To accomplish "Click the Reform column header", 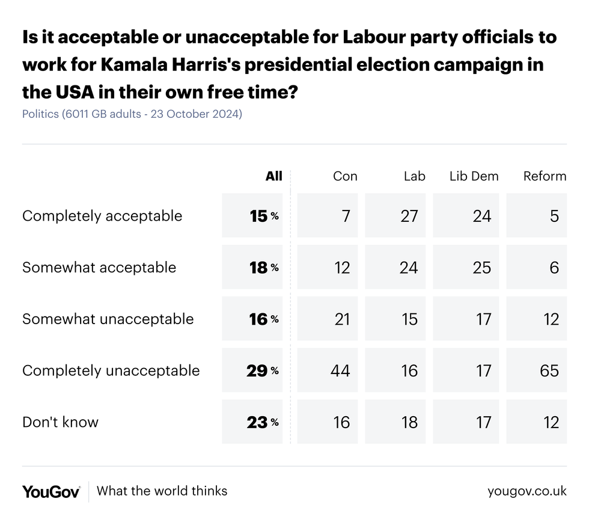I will click(545, 176).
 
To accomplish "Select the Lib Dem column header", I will click(474, 176).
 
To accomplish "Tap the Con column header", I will click(345, 176).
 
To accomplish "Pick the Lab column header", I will click(414, 176).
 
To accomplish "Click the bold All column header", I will click(273, 176).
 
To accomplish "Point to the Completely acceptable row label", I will click(102, 216).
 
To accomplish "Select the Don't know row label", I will click(60, 422).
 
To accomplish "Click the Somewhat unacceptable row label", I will click(108, 319).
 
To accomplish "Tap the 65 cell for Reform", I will click(549, 370).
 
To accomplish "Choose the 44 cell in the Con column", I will click(340, 370).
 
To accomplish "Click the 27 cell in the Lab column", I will click(409, 216).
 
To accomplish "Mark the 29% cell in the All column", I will click(262, 370).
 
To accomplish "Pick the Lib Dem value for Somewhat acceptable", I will click(481, 268).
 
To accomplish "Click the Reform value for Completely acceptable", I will click(554, 216).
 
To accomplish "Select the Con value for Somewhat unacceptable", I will click(341, 319).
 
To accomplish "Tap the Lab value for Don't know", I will click(409, 422).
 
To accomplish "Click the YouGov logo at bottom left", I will click(51, 491).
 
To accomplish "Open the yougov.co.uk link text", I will click(526, 491).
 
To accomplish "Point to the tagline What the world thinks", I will click(162, 491).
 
